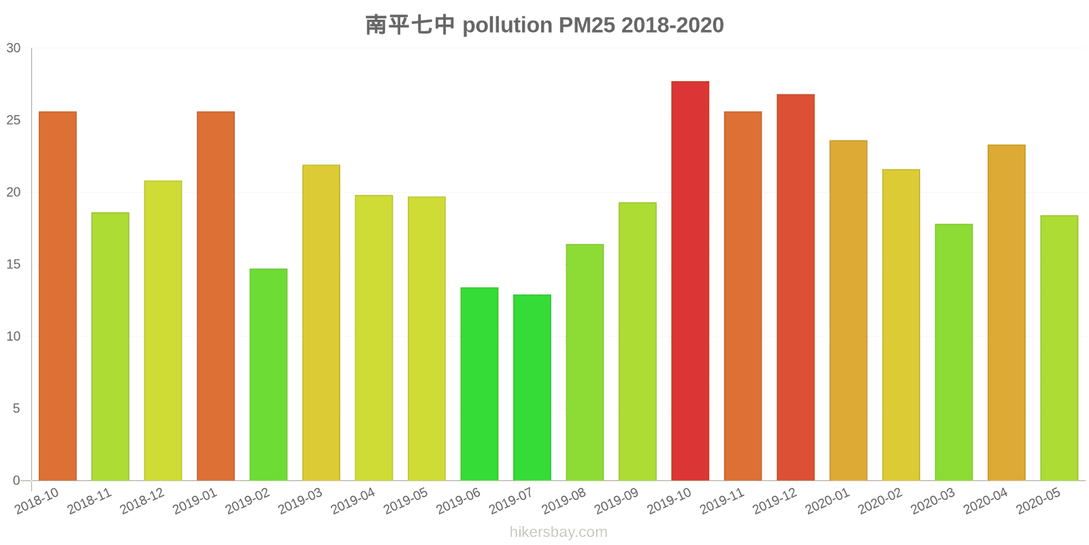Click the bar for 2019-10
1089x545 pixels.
coord(690,281)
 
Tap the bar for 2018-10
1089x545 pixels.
coord(58,296)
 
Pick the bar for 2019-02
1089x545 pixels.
coord(268,374)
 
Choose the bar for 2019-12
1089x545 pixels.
coord(796,287)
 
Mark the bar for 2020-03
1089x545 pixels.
coord(954,352)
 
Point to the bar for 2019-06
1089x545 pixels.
coord(479,384)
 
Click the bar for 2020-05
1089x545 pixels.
coord(1059,347)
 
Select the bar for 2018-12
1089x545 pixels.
coord(163,330)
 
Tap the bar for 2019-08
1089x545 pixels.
coord(585,362)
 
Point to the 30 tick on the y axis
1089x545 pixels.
coord(14,48)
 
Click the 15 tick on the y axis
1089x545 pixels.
coord(14,264)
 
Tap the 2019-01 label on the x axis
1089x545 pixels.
coord(195,501)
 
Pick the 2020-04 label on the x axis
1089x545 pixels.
coord(986,501)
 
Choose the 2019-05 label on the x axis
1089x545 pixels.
coord(406,501)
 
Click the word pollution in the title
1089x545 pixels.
coord(507,25)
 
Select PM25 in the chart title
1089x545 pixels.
coord(587,25)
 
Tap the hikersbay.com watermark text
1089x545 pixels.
coord(558,532)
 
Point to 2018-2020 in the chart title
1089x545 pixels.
coord(672,25)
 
